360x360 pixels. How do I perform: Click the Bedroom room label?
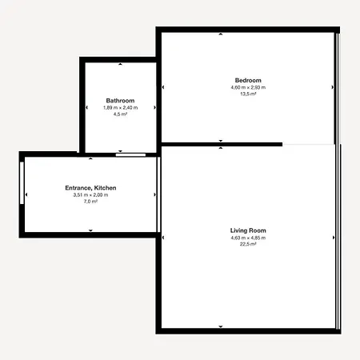pos(248,80)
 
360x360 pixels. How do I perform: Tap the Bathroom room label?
pos(120,101)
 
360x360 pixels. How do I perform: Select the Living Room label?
pos(248,230)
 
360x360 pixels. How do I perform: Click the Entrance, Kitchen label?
pos(90,188)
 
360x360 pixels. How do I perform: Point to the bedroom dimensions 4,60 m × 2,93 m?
pos(248,87)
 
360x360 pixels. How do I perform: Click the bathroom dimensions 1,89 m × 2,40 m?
pos(120,108)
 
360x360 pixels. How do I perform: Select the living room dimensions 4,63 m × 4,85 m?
pos(248,238)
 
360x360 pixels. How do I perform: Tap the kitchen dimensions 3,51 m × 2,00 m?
pos(90,195)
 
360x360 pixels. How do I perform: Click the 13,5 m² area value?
pos(248,94)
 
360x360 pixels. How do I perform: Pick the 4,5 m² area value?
pos(120,114)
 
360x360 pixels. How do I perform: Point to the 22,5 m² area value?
pos(248,244)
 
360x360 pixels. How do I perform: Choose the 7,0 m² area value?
pos(90,202)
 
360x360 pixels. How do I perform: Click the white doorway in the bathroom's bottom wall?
pos(130,155)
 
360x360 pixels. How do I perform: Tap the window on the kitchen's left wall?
pos(22,183)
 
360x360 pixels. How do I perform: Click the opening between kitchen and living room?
pos(158,194)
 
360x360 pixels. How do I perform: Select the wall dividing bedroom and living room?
pos(222,145)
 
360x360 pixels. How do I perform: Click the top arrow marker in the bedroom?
pos(221,34)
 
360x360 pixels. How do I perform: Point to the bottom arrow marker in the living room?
pos(221,326)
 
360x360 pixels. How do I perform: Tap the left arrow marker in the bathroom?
pos(86,107)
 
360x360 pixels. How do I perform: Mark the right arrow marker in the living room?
pos(334,238)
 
